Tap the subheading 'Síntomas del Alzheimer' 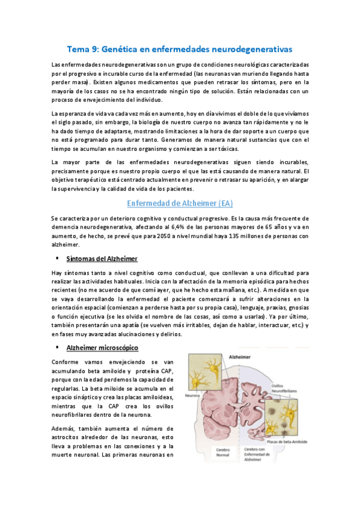[103, 259]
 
